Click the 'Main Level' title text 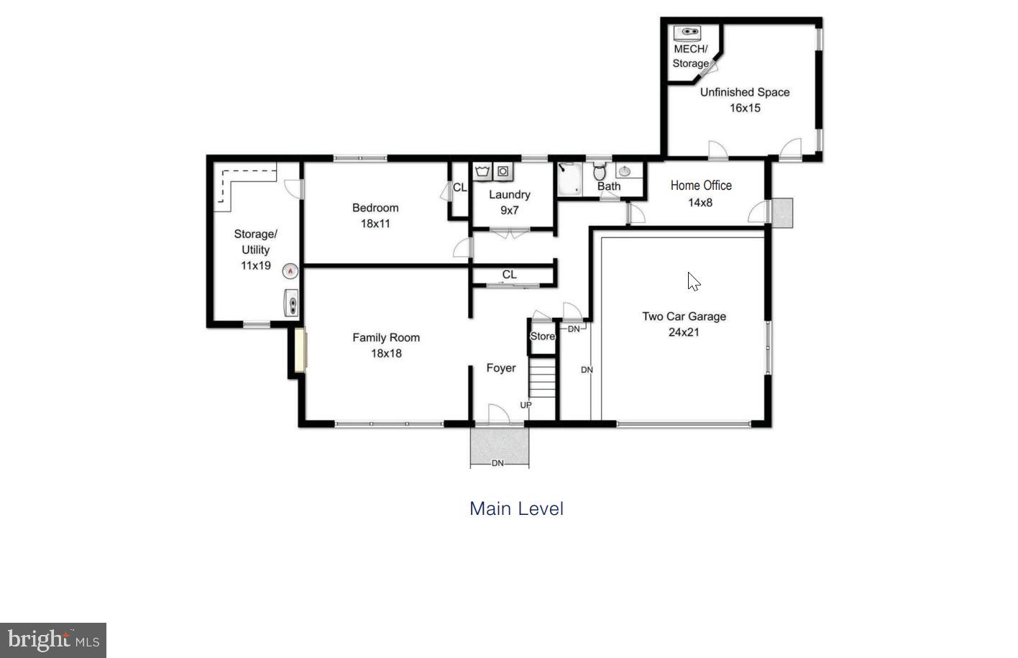click(516, 508)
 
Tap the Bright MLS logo click(52, 640)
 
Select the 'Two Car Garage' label click(684, 316)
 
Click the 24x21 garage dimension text click(683, 332)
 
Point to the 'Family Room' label click(386, 337)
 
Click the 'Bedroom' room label click(375, 208)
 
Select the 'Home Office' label click(701, 186)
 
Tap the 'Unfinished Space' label click(745, 92)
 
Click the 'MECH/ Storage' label click(690, 56)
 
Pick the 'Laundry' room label click(509, 195)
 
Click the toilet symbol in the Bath click(600, 173)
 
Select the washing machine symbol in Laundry click(482, 171)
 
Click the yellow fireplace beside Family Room click(300, 350)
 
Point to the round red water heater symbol click(290, 271)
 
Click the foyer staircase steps click(543, 380)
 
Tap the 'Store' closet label click(542, 337)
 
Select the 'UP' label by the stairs click(526, 405)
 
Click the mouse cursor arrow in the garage click(693, 281)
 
